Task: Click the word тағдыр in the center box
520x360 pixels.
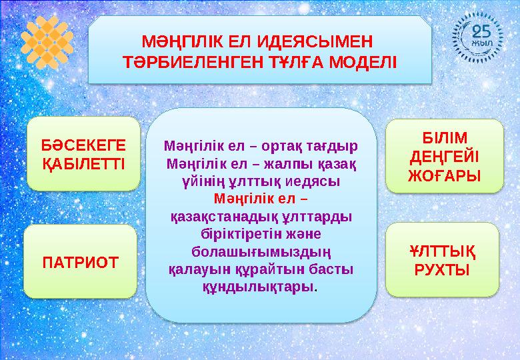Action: (331, 145)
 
